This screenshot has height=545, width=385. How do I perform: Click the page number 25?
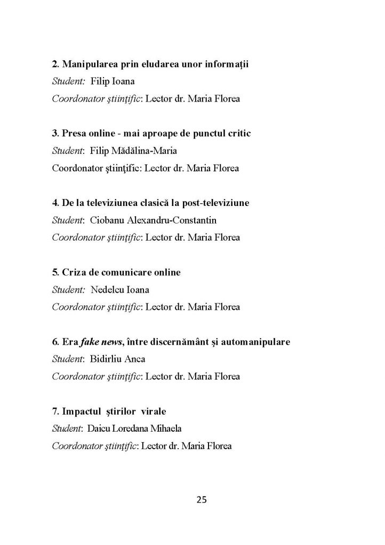[x=202, y=499]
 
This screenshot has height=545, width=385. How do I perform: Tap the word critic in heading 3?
[x=238, y=134]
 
